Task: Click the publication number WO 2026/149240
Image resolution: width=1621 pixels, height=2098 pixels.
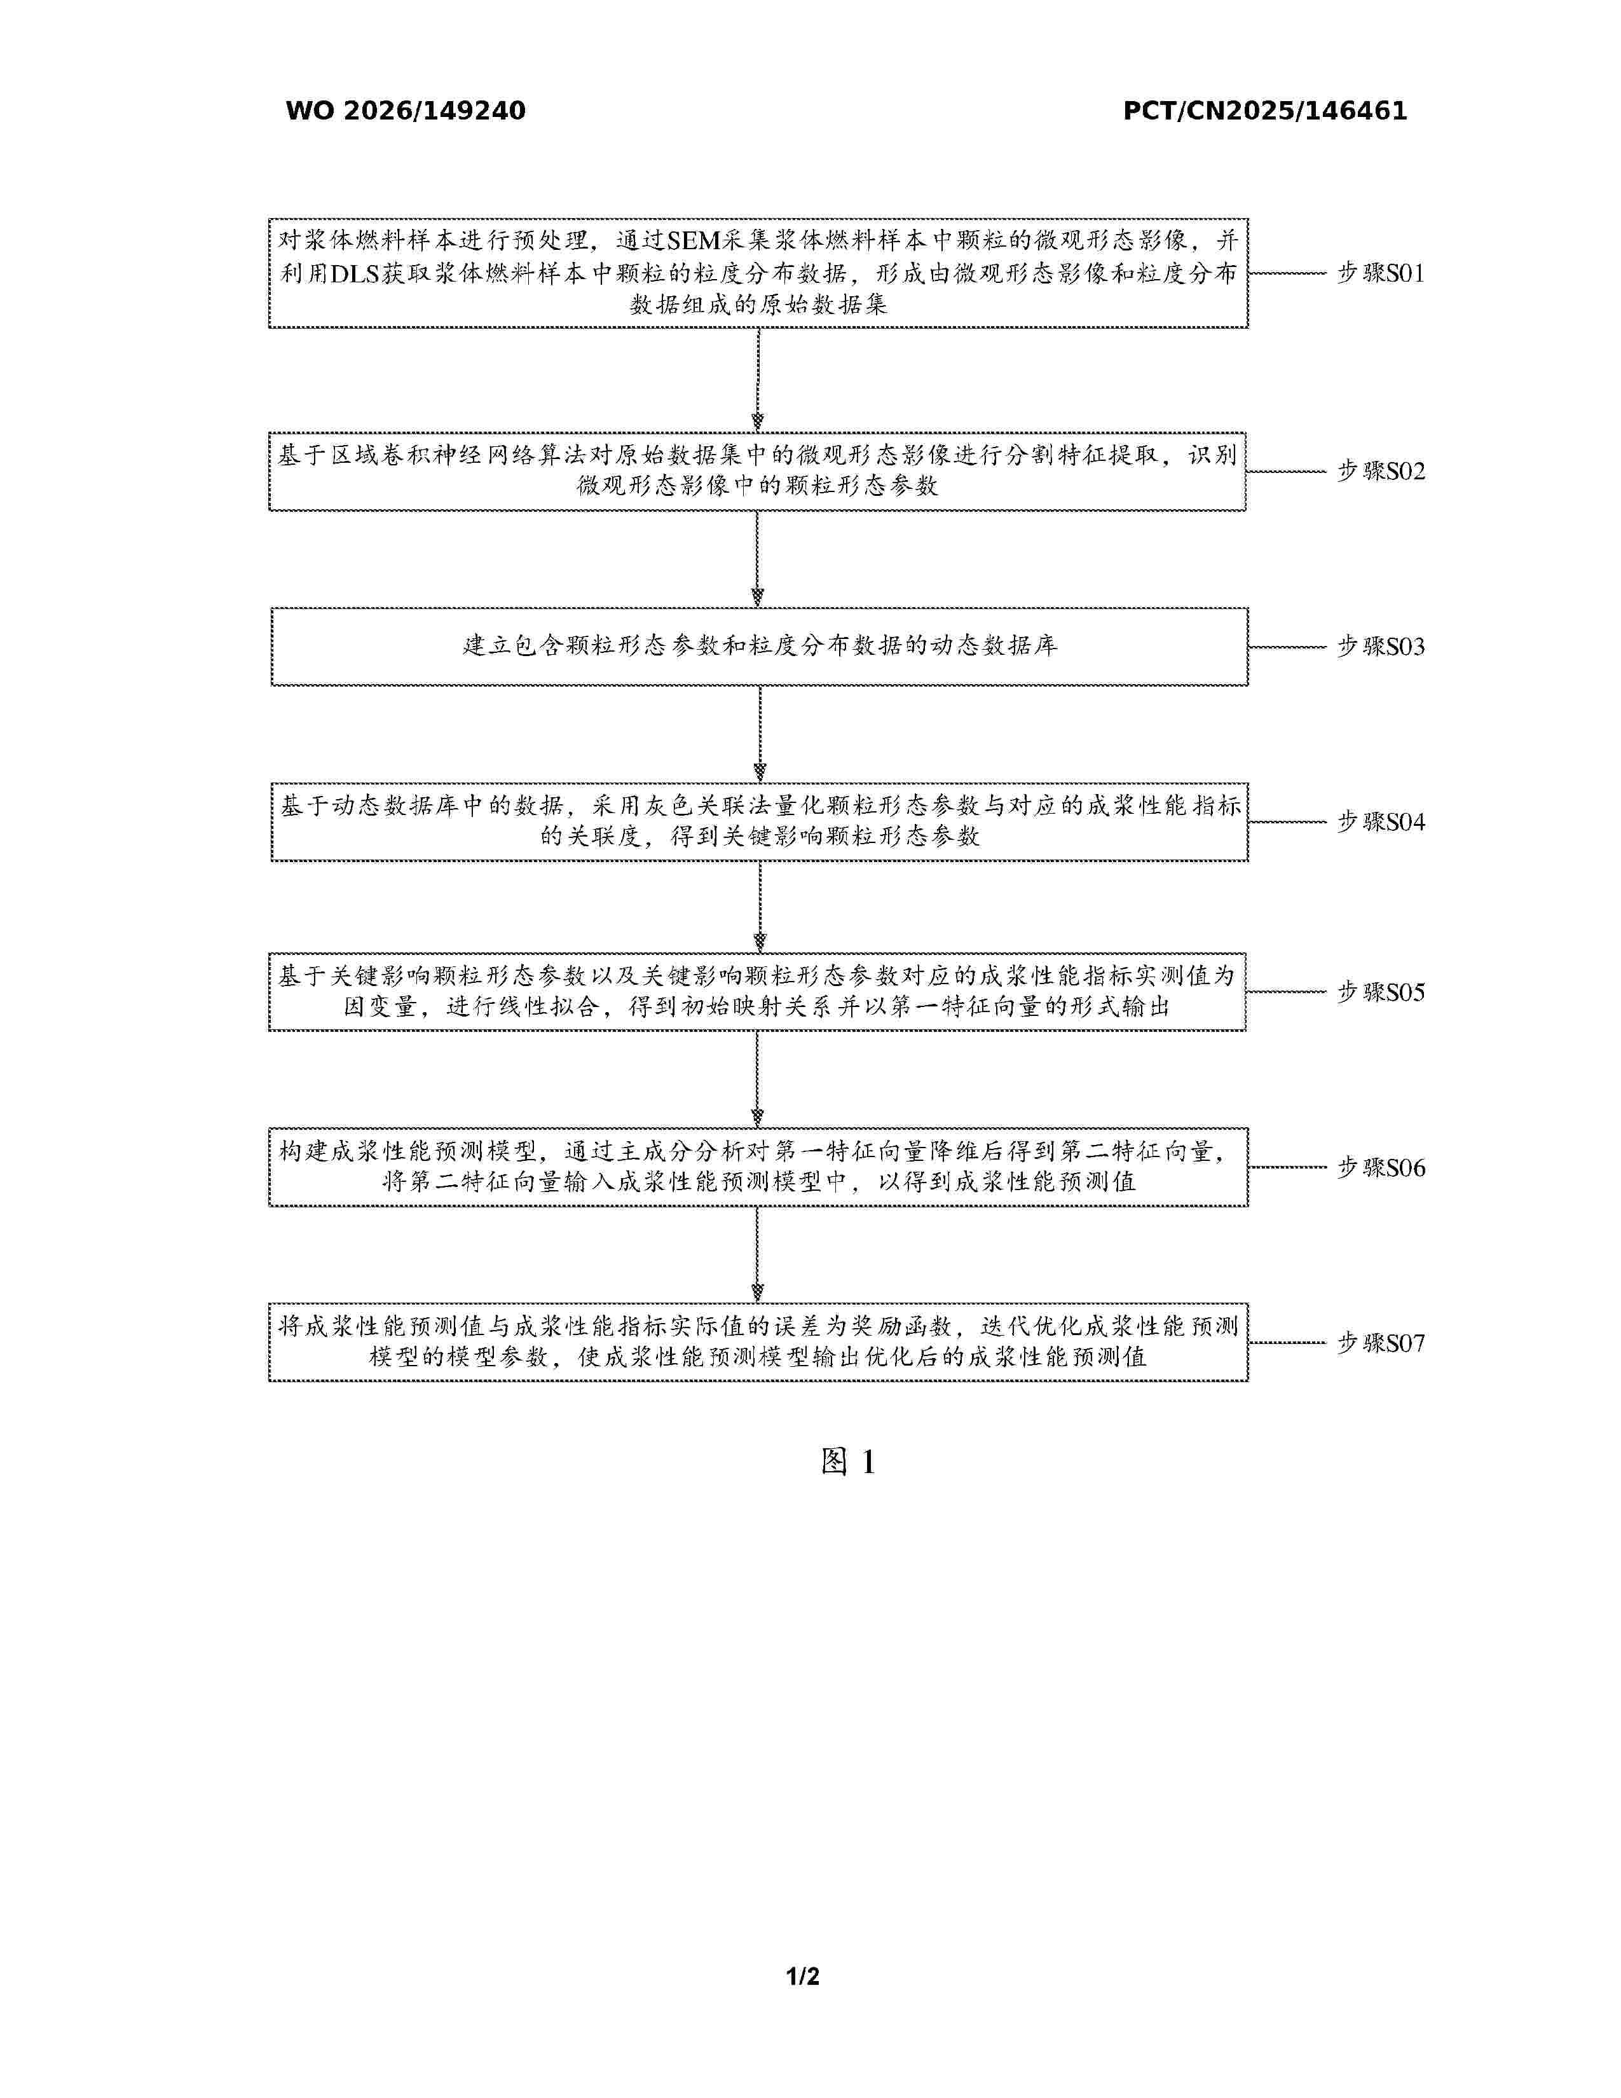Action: pyautogui.click(x=406, y=111)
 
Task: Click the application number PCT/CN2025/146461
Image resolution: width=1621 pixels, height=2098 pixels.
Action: pyautogui.click(x=1265, y=111)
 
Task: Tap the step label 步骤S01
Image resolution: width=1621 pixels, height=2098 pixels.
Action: pyautogui.click(x=1381, y=274)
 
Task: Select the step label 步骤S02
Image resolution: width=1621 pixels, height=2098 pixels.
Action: pyautogui.click(x=1381, y=472)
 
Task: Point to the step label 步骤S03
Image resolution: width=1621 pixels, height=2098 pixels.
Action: pyautogui.click(x=1381, y=647)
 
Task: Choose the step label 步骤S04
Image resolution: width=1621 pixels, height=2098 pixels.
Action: pyautogui.click(x=1381, y=822)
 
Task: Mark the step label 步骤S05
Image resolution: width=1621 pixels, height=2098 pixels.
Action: pyautogui.click(x=1381, y=993)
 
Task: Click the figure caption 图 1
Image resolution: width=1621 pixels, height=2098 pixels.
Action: pyautogui.click(x=848, y=1462)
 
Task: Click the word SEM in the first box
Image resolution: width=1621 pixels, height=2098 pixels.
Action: pyautogui.click(x=694, y=241)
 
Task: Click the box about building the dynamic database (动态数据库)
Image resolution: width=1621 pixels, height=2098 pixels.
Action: pyautogui.click(x=760, y=647)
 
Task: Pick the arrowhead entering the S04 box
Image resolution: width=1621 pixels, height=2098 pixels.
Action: pyautogui.click(x=760, y=773)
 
